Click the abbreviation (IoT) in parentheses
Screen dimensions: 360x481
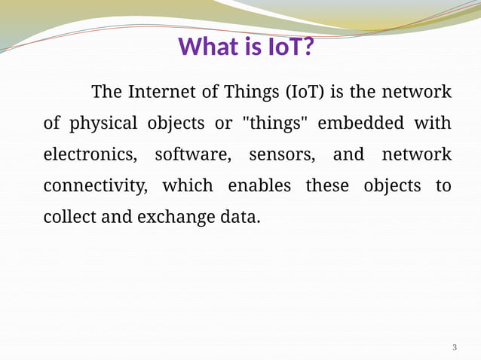(305, 93)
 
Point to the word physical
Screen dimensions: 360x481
(103, 124)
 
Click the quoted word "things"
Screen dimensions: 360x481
(275, 124)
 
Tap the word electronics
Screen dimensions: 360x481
(90, 155)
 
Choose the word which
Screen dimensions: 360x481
(188, 186)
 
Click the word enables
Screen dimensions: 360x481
(259, 186)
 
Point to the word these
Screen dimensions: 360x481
(326, 186)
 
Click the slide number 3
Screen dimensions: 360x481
(454, 347)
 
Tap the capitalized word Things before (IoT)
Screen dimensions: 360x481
(252, 93)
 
